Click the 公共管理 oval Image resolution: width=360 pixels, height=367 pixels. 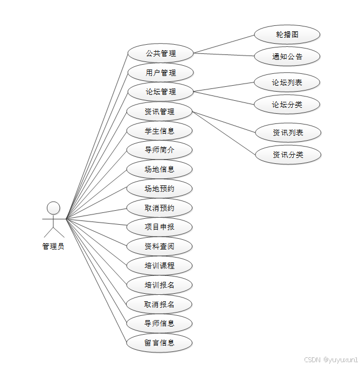[x=160, y=53]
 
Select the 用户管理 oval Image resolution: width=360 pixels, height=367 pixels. [x=160, y=73]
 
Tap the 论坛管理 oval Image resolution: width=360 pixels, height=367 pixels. [x=160, y=92]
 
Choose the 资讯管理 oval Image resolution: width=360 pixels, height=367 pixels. [x=160, y=112]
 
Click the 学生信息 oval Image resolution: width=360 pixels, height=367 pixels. [x=160, y=130]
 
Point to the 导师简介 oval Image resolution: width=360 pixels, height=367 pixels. [x=160, y=150]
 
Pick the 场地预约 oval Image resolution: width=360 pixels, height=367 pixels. [x=160, y=189]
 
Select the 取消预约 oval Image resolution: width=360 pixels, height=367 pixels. [x=160, y=208]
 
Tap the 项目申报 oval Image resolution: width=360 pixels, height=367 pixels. [x=160, y=227]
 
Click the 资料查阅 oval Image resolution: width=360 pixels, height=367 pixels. [x=160, y=246]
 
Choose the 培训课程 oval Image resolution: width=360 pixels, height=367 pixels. [x=160, y=266]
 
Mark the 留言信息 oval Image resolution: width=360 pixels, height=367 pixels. [x=160, y=343]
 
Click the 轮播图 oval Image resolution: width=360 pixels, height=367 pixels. [x=287, y=34]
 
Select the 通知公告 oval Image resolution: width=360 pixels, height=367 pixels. [x=287, y=57]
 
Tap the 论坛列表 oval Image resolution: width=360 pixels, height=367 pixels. [x=287, y=82]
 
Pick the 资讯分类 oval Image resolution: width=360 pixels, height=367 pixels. [x=288, y=155]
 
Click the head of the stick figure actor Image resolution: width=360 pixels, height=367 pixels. [x=53, y=207]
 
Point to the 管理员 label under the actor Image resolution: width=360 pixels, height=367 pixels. [x=53, y=247]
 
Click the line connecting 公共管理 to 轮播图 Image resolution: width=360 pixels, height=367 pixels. [x=224, y=44]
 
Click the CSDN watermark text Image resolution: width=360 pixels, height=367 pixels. [x=330, y=359]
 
